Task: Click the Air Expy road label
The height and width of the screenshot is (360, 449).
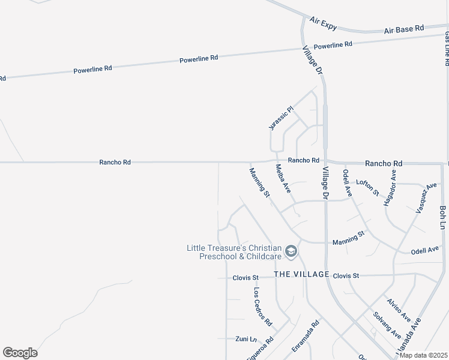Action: pos(324,23)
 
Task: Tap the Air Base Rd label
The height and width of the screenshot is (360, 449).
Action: pos(404,28)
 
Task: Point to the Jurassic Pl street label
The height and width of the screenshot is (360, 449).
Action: pos(280,118)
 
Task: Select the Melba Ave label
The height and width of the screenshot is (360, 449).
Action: pos(283,178)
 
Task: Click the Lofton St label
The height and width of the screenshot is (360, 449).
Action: pos(367,187)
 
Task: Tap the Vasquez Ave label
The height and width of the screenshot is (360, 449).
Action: pos(427,198)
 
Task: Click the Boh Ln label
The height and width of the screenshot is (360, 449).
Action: pos(443,217)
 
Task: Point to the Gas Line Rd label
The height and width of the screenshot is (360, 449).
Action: pos(447,49)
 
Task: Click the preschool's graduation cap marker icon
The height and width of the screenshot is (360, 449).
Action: pos(291,251)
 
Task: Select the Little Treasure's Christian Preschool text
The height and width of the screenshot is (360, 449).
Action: pos(234,252)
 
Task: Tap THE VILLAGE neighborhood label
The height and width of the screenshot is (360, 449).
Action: pos(301,274)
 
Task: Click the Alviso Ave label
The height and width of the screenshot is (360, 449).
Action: pos(399,309)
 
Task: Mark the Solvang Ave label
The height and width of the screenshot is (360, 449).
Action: pos(387,325)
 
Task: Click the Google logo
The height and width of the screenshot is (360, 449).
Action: pos(20,353)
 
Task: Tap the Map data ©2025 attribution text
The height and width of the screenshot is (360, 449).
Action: pos(423,355)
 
